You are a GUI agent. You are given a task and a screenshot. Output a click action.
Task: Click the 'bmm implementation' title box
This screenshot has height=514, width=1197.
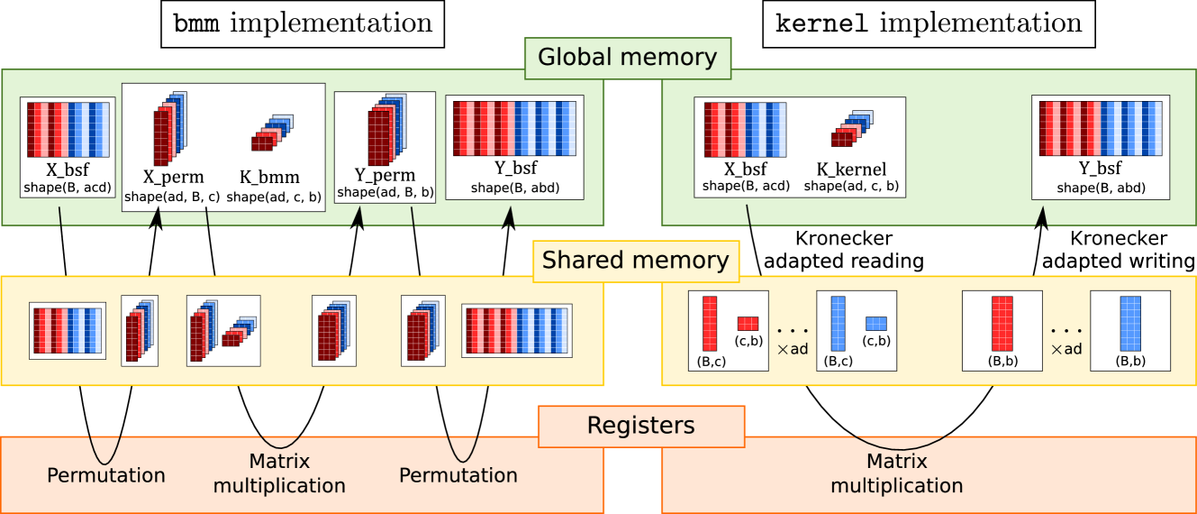pyautogui.click(x=303, y=24)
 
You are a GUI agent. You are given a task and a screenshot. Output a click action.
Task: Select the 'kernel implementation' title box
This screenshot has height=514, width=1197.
pyautogui.click(x=929, y=24)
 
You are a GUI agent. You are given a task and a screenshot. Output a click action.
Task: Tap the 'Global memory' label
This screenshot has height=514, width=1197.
pyautogui.click(x=628, y=58)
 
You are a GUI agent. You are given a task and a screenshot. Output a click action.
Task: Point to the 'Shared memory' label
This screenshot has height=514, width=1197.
pyautogui.click(x=635, y=261)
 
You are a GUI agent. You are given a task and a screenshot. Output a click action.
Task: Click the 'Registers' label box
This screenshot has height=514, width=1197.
pyautogui.click(x=641, y=427)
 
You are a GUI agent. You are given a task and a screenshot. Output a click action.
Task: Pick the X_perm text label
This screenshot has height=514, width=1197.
pyautogui.click(x=173, y=177)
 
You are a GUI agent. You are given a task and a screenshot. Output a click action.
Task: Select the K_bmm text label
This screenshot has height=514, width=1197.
pyautogui.click(x=269, y=177)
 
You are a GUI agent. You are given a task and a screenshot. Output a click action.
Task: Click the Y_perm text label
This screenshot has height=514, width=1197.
pyautogui.click(x=385, y=175)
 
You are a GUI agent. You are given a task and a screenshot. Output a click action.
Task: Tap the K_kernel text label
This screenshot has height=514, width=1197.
pyautogui.click(x=851, y=170)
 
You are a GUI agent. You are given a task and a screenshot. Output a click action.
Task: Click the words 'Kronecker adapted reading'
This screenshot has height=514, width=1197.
pyautogui.click(x=844, y=250)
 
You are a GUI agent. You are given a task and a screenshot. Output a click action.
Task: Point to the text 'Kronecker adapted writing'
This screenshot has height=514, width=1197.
pyautogui.click(x=1119, y=250)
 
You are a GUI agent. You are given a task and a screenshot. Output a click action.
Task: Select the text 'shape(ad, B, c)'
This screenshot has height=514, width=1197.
pyautogui.click(x=172, y=197)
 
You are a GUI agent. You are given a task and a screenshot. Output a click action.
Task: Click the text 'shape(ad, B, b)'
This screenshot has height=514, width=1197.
pyautogui.click(x=385, y=192)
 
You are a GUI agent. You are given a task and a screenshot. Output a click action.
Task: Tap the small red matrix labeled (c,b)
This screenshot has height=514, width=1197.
pyautogui.click(x=748, y=324)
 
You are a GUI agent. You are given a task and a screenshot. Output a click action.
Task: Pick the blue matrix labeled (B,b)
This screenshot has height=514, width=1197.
pyautogui.click(x=1130, y=324)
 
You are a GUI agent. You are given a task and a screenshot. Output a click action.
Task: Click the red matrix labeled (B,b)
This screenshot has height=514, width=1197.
pyautogui.click(x=1002, y=324)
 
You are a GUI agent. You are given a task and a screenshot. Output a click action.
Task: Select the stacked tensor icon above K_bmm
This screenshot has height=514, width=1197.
pyautogui.click(x=272, y=133)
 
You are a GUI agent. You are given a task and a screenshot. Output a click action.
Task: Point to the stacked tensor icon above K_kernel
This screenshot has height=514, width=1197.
pyautogui.click(x=852, y=128)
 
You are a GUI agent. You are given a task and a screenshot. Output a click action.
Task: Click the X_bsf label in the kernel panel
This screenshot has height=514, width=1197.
pyautogui.click(x=746, y=170)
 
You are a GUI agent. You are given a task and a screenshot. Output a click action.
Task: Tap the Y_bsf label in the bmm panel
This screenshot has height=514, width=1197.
pyautogui.click(x=515, y=169)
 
